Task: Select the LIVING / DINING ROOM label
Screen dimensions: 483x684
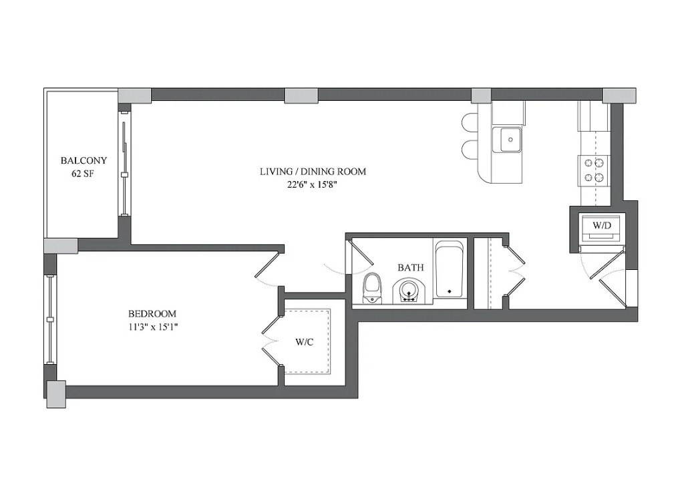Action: point(313,172)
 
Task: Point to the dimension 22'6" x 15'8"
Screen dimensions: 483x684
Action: point(313,185)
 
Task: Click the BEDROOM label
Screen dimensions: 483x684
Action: point(152,313)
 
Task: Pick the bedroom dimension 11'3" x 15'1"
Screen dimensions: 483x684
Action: point(152,327)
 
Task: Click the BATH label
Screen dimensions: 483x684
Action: point(410,267)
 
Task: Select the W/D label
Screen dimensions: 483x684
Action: point(602,225)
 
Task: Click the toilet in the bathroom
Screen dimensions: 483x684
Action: point(371,288)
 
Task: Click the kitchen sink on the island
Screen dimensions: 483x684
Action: point(511,140)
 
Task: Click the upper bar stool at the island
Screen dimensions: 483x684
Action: point(470,122)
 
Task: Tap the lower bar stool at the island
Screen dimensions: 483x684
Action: point(470,150)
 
